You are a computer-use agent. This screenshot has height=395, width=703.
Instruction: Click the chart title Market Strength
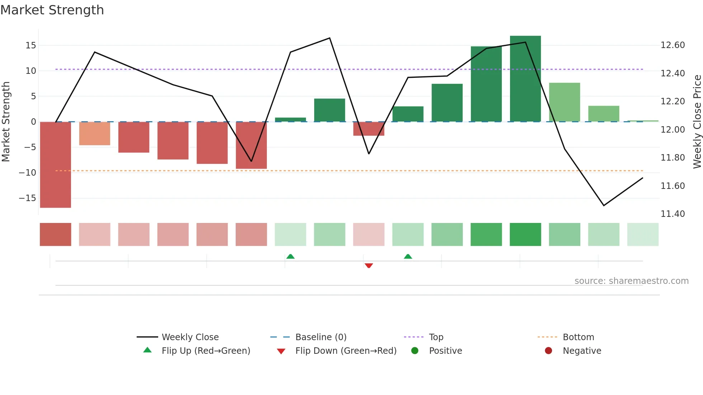pos(52,10)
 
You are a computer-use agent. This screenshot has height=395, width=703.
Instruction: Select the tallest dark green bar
pos(525,79)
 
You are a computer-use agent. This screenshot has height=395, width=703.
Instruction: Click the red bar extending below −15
pos(55,165)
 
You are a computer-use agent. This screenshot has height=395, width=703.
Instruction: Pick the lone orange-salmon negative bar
pos(94,133)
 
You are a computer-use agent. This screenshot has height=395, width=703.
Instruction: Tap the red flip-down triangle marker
pos(369,266)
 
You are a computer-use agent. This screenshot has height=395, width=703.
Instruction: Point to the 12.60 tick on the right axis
pos(673,45)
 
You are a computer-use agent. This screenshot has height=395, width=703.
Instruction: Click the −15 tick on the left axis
pos(28,198)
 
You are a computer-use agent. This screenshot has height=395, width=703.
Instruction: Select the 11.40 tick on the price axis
pos(673,214)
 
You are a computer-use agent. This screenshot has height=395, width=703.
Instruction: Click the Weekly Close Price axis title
pos(697,122)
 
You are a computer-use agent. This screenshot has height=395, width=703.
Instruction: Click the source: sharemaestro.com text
pos(631,281)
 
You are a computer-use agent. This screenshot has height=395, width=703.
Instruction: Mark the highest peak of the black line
pos(330,38)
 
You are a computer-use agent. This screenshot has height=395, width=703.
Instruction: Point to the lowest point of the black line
pos(604,205)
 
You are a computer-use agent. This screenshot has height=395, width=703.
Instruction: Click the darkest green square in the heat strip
pos(525,234)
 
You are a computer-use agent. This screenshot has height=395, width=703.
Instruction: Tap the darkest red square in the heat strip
pos(55,234)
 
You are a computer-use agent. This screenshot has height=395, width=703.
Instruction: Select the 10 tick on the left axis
pos(31,71)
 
